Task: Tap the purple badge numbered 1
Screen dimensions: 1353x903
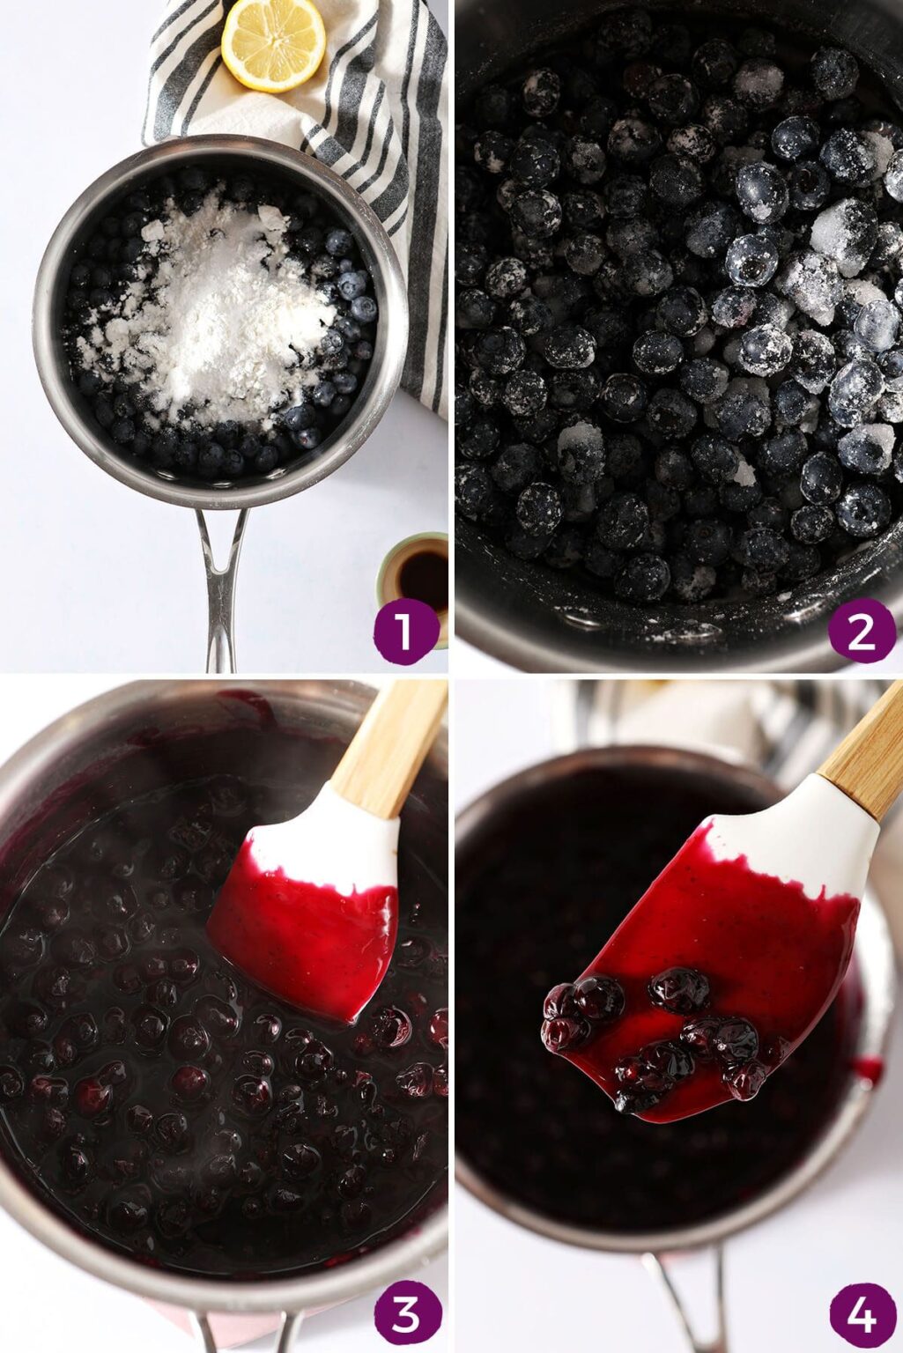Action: [404, 631]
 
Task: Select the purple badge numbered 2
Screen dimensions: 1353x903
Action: [861, 631]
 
